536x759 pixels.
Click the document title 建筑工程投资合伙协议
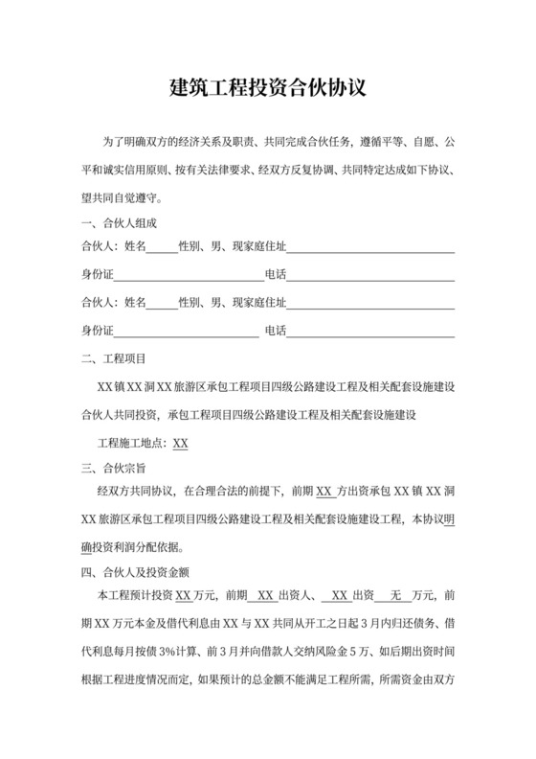coord(267,89)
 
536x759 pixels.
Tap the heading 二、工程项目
coord(113,360)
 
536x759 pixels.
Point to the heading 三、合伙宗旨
coord(113,470)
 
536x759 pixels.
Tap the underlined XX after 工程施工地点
coord(180,444)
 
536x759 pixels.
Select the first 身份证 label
coord(98,276)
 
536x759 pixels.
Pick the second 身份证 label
coord(98,332)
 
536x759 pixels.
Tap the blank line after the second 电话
coord(370,333)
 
